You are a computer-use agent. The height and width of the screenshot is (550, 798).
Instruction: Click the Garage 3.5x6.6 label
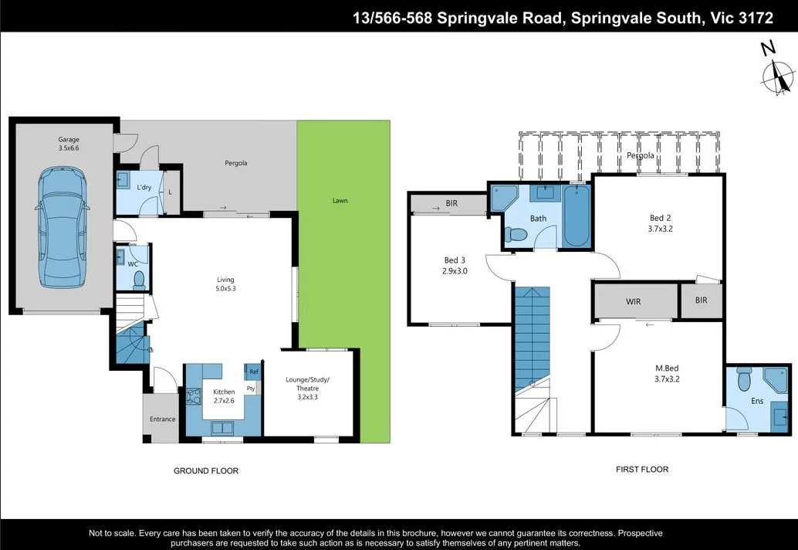click(x=69, y=144)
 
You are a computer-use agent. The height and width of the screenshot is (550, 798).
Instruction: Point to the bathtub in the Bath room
click(x=576, y=217)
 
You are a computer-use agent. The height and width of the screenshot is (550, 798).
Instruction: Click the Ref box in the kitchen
click(x=253, y=372)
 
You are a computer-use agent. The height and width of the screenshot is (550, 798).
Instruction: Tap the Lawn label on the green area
click(x=340, y=201)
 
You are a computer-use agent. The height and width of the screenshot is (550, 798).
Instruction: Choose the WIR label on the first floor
click(x=633, y=301)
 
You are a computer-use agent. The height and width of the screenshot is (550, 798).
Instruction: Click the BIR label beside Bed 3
click(x=452, y=205)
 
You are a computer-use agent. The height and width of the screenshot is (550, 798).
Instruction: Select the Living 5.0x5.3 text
click(x=225, y=284)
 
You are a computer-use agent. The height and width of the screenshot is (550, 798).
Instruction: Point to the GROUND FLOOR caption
click(x=206, y=470)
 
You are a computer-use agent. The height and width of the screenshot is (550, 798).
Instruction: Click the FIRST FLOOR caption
click(x=641, y=469)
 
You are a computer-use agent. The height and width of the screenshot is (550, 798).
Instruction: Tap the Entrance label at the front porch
click(x=163, y=419)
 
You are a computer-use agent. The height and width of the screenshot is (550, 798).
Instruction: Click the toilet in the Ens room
click(x=744, y=380)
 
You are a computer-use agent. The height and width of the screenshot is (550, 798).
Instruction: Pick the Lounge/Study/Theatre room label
click(x=308, y=389)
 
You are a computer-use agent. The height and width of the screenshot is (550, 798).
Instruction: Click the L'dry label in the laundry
click(x=144, y=188)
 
